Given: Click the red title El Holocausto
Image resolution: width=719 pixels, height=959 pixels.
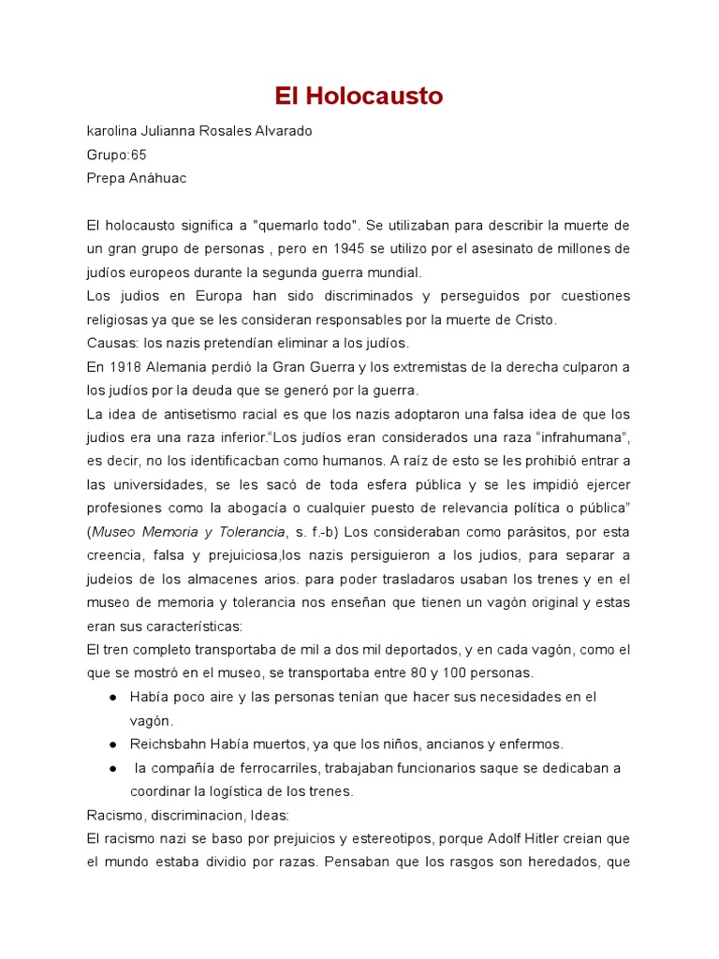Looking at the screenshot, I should coord(359,96).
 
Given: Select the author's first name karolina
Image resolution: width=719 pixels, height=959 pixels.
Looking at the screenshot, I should coord(114,131).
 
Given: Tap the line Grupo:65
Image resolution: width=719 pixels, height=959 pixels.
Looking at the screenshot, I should coord(116,155).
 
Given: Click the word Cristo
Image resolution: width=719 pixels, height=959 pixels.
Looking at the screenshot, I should coord(536,319).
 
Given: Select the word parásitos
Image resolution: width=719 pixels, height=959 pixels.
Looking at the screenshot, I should coord(516,532).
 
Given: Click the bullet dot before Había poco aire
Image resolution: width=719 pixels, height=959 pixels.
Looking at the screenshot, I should coord(112,698).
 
